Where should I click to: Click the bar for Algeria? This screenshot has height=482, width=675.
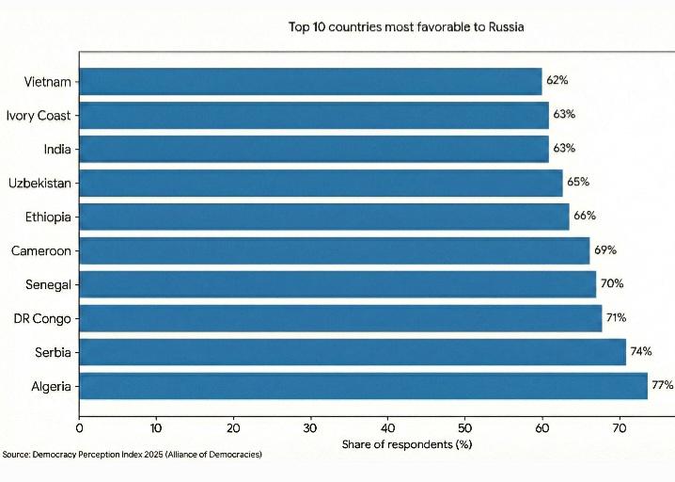pos(363,386)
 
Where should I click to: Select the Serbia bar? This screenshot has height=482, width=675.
pos(353,352)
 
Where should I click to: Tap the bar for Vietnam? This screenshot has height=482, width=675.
pos(310,81)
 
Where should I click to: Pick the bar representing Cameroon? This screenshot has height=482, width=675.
pos(334,250)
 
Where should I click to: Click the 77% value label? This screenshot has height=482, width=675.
pos(662,386)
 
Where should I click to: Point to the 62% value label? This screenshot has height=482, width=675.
pos(557,81)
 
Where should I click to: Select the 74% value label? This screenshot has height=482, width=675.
pos(641,352)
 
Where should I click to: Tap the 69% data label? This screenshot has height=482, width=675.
pos(604,250)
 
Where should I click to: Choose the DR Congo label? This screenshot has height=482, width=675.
pos(42,318)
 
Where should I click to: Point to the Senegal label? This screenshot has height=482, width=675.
pos(48,284)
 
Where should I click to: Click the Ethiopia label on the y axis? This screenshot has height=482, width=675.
pos(48,217)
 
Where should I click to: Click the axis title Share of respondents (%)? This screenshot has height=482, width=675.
pos(406,443)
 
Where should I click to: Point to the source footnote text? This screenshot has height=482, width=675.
pos(132,455)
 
